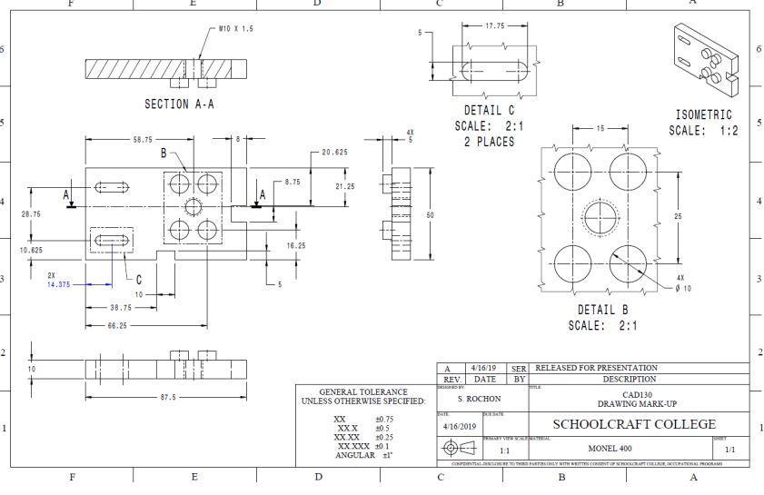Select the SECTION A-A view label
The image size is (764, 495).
tap(180, 104)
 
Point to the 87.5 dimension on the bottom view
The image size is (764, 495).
tap(166, 397)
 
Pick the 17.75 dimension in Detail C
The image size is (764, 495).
tap(495, 26)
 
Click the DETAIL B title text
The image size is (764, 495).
tap(602, 310)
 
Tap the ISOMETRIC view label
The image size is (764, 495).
tap(704, 115)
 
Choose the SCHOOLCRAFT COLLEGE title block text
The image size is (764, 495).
tap(634, 424)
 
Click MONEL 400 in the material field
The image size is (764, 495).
tap(610, 449)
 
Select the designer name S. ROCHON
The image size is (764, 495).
tap(475, 399)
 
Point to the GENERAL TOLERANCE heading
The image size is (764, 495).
tap(362, 392)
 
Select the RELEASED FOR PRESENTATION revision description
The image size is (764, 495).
tap(597, 367)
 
